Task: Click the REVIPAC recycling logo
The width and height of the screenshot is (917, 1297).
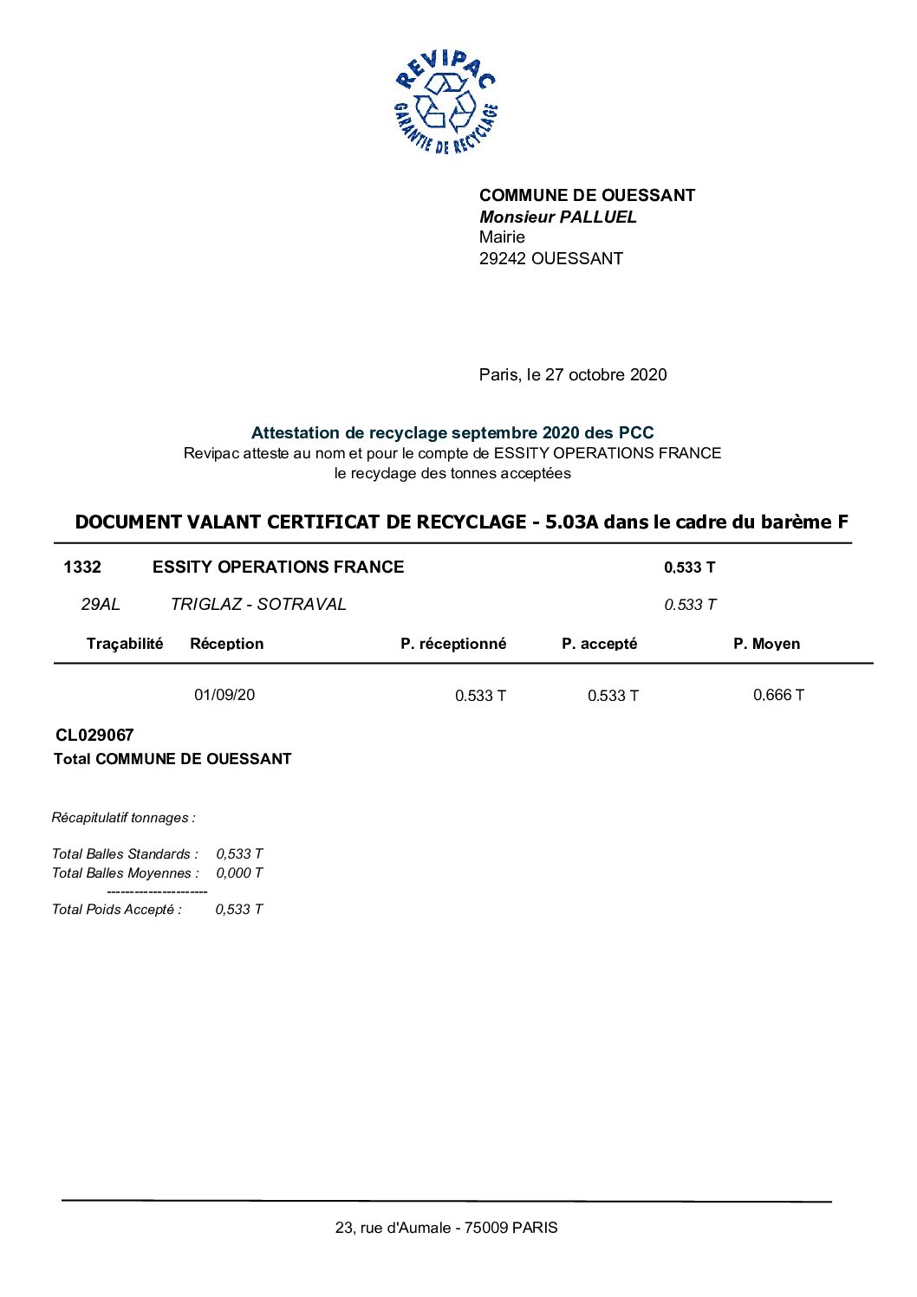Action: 445,102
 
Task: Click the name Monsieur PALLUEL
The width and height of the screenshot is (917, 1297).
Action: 557,217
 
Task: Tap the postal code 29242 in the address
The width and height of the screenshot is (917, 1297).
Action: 503,258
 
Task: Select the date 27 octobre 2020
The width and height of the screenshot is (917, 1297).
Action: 606,374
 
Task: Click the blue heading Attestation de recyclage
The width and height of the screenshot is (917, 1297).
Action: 452,432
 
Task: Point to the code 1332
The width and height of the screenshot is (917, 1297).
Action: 82,567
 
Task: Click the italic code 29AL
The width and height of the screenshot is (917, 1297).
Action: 101,604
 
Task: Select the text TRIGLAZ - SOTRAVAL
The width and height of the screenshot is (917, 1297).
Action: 258,604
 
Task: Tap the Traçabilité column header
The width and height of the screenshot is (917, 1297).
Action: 125,643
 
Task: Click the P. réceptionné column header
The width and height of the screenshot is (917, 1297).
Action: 453,644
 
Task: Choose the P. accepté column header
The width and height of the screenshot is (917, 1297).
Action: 599,644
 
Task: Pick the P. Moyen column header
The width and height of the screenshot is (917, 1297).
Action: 766,644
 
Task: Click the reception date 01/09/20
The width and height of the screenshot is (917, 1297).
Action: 224,695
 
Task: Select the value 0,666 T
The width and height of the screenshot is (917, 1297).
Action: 778,695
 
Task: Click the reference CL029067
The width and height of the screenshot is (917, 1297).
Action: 94,735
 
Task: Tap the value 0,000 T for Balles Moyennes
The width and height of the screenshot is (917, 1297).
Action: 239,872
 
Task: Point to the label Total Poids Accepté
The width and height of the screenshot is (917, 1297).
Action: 117,909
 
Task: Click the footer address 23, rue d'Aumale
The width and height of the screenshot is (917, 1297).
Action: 446,1228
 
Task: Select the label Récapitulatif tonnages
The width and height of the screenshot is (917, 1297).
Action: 123,817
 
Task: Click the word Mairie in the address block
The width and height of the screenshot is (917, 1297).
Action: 502,237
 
